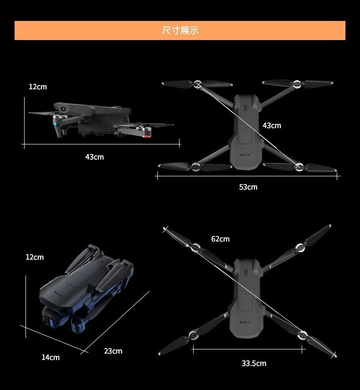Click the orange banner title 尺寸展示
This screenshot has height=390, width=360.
click(180, 31)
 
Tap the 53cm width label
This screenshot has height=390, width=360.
click(248, 187)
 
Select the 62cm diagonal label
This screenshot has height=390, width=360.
click(220, 239)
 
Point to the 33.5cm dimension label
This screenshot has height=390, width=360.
click(254, 363)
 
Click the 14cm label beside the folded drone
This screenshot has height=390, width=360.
click(51, 358)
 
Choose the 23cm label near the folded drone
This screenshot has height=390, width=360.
click(113, 351)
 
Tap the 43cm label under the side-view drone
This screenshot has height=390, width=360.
click(94, 157)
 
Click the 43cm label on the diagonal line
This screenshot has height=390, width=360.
click(272, 125)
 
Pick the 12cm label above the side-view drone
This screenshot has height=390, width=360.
click(37, 87)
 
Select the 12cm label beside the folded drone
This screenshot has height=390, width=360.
click(35, 257)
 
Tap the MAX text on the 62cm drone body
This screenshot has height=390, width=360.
click(246, 323)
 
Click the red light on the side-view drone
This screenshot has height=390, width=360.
click(148, 135)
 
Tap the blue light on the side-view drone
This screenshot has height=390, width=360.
click(54, 123)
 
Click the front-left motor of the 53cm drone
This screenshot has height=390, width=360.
click(198, 84)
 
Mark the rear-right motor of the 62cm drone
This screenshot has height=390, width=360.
click(302, 336)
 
